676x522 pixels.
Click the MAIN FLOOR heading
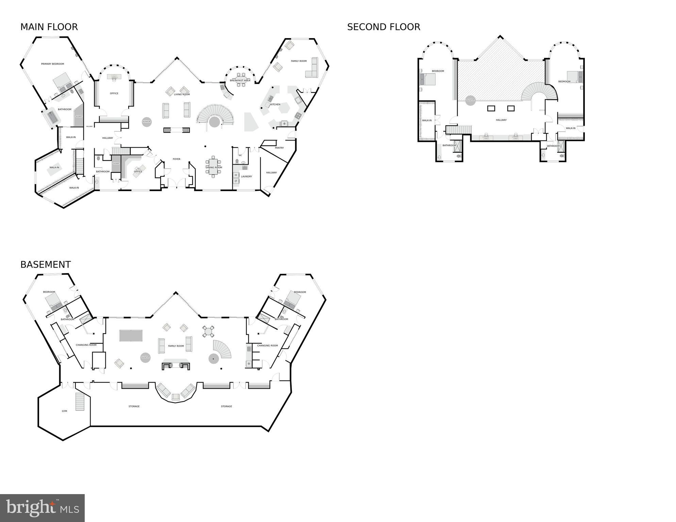point(49,27)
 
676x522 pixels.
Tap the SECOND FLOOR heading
point(383,27)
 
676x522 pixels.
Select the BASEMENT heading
point(46,265)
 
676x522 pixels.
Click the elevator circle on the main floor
point(146,121)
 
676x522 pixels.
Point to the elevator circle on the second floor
point(470,100)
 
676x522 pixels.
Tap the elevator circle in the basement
point(145,357)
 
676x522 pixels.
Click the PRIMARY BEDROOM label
point(52,64)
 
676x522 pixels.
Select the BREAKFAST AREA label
point(240,81)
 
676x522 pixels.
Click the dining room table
point(214,167)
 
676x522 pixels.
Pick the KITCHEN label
point(275,104)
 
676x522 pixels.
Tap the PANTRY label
point(279,148)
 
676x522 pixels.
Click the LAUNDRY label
point(246,176)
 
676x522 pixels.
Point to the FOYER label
point(176,159)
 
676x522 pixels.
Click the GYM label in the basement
point(64,411)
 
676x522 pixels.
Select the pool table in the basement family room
point(131,335)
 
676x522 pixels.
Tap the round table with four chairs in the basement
point(209,331)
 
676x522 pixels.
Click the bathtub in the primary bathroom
point(52,117)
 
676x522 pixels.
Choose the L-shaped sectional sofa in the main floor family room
point(312,69)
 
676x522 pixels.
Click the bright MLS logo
point(42,508)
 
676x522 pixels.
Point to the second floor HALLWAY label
point(501,120)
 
